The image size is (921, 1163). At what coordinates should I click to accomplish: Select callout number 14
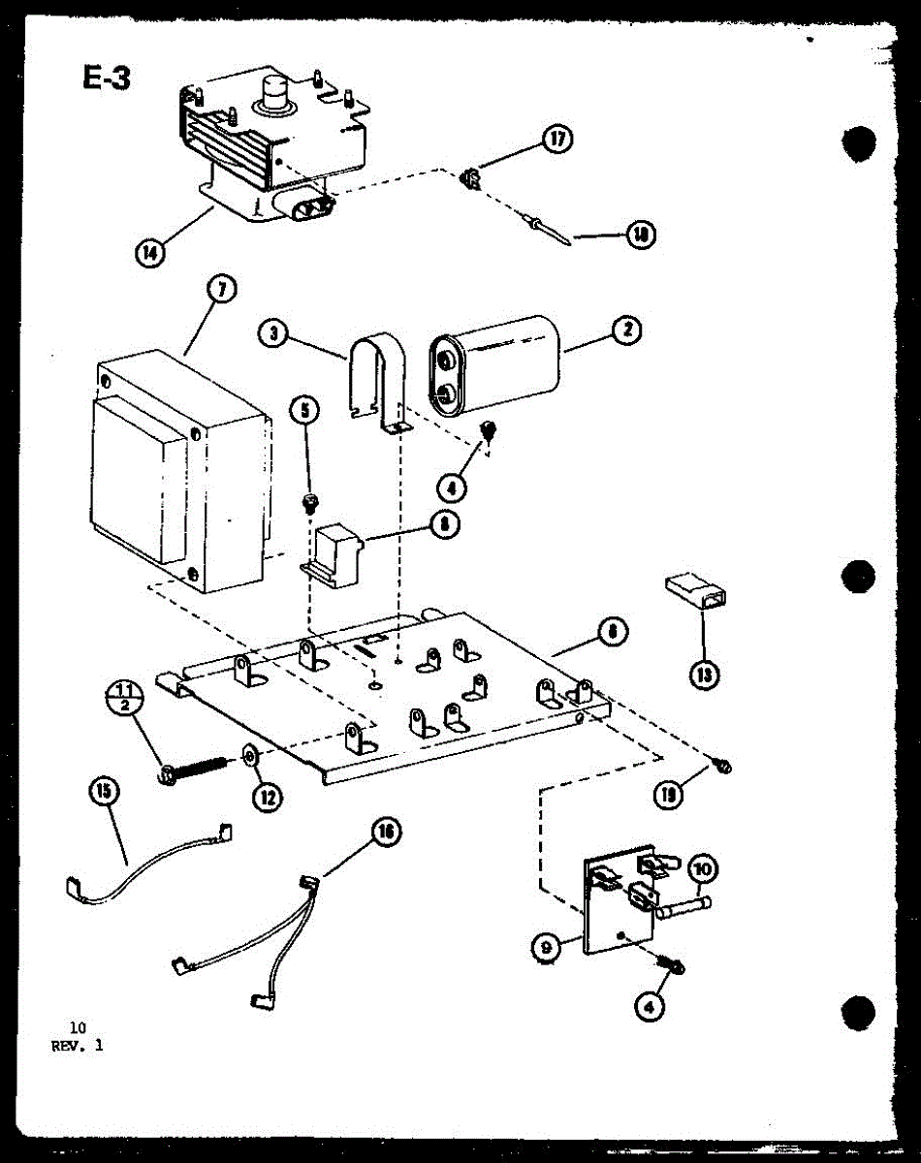(x=149, y=254)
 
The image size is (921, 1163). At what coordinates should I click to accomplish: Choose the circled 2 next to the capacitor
(x=627, y=330)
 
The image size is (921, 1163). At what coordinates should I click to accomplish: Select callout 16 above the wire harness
(x=387, y=831)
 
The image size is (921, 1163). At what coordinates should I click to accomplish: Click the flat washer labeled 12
(x=248, y=755)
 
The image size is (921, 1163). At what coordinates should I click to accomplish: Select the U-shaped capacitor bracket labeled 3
(x=378, y=383)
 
